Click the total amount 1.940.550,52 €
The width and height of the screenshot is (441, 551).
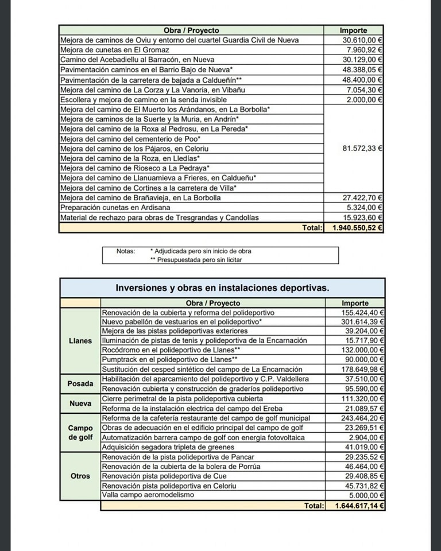point(357,228)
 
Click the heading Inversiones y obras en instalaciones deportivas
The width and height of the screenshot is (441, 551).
point(222,288)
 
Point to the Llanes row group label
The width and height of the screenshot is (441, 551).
point(80,340)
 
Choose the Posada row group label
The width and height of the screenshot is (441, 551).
point(80,383)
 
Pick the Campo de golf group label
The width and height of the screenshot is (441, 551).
point(80,433)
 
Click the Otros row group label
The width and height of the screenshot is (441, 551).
point(80,476)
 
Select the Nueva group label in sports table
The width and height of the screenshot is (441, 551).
point(80,403)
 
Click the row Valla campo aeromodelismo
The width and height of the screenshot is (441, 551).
point(148,495)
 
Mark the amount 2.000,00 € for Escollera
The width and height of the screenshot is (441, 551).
point(365,99)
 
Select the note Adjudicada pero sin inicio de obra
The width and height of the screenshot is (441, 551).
point(200,251)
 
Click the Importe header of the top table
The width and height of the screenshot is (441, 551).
point(353,30)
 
